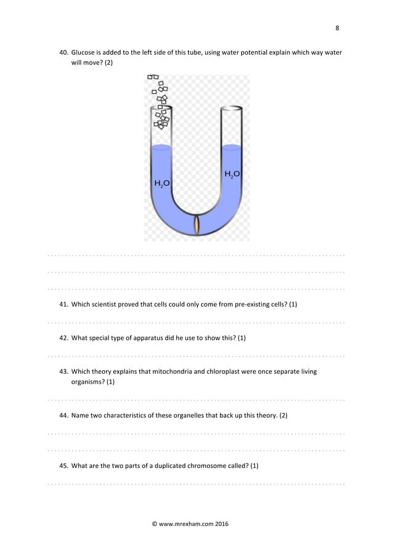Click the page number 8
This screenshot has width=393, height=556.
point(337,28)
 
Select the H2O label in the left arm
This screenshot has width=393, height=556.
point(161,183)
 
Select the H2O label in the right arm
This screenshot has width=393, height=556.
point(232,174)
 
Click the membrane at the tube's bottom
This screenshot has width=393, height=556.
point(197,225)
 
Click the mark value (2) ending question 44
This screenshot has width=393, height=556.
point(283,416)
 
